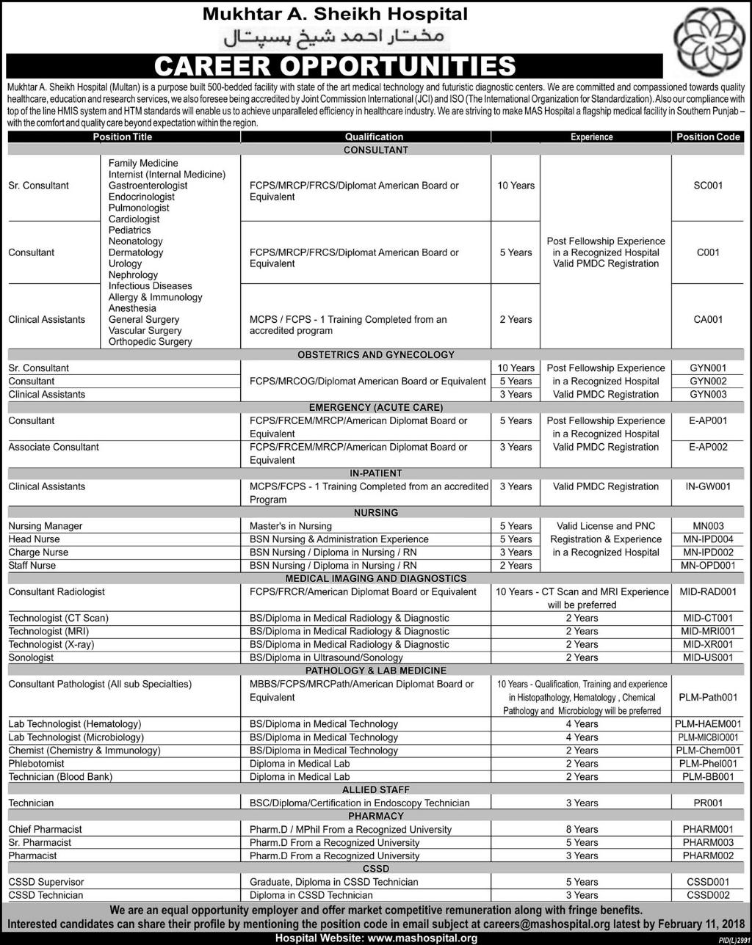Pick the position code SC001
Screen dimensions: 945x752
tap(708, 186)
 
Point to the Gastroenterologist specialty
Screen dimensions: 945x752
tap(148, 186)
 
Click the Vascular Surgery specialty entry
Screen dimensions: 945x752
tap(145, 331)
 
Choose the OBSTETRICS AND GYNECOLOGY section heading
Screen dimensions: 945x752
tap(376, 354)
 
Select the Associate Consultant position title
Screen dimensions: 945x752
tap(54, 447)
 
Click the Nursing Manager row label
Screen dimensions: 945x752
tap(46, 526)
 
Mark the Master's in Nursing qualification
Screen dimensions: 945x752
tap(291, 526)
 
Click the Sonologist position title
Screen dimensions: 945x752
tap(31, 657)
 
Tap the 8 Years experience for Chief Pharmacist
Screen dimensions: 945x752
tap(582, 829)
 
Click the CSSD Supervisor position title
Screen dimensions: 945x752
tap(46, 882)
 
